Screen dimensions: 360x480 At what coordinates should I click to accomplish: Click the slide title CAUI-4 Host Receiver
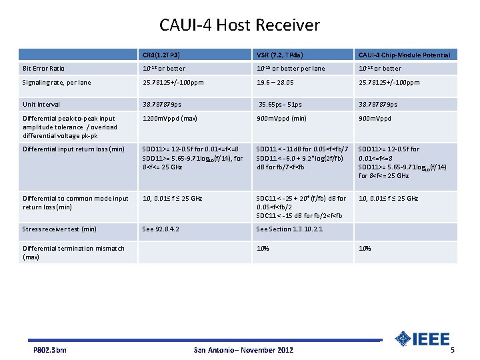[x=239, y=25]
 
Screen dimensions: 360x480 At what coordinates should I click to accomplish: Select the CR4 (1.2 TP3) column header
[x=161, y=55]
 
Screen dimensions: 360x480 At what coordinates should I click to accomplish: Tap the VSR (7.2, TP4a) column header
[x=282, y=55]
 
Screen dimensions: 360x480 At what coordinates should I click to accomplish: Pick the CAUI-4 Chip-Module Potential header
[x=404, y=55]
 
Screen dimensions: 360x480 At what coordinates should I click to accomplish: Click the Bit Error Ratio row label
[x=44, y=69]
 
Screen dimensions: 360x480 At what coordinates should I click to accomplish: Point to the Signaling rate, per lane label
[x=57, y=83]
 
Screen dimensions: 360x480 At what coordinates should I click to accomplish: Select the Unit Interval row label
[x=41, y=105]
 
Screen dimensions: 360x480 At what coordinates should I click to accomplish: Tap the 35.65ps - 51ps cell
[x=281, y=105]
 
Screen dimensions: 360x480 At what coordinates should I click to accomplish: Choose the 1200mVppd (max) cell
[x=169, y=119]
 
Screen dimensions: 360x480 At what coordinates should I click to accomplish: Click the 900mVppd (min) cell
[x=281, y=119]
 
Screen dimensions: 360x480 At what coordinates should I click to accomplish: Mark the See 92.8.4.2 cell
[x=161, y=229]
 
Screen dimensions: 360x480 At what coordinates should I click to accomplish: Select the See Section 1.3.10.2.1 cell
[x=289, y=229]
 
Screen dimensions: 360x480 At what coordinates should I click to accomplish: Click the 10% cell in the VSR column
[x=263, y=249]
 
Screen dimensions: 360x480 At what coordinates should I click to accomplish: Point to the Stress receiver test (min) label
[x=59, y=229]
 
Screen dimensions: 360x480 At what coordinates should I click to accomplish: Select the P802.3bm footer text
[x=50, y=350]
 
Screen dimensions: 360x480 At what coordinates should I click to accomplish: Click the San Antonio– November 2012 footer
[x=243, y=350]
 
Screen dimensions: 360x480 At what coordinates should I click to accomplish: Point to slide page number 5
[x=453, y=350]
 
